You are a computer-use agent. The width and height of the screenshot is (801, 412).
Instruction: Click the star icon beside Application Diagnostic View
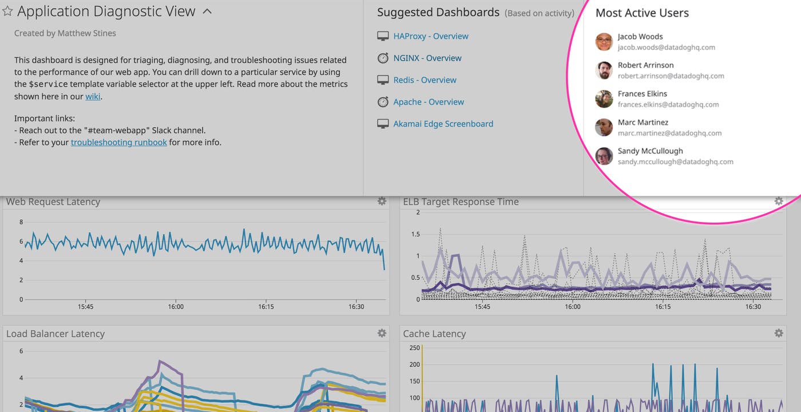click(x=7, y=11)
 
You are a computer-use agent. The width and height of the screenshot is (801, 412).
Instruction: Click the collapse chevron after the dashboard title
click(x=207, y=11)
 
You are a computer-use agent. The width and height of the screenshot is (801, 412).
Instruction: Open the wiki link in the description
click(x=93, y=96)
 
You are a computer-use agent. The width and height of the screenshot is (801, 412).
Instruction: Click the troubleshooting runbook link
click(x=119, y=142)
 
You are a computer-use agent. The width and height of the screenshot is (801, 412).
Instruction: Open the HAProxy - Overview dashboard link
click(x=430, y=36)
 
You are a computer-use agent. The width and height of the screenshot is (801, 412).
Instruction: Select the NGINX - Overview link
click(x=427, y=58)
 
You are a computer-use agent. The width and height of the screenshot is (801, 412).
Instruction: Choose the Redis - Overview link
click(x=425, y=80)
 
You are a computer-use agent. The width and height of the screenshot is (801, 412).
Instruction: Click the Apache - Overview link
click(x=428, y=102)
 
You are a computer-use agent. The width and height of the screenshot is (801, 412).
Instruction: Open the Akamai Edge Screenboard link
click(x=443, y=124)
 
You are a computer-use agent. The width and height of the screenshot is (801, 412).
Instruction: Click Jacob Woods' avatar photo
click(x=604, y=42)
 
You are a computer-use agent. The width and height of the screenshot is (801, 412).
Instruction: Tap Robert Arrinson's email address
click(x=671, y=76)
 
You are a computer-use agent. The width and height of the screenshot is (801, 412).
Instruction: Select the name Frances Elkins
click(x=642, y=94)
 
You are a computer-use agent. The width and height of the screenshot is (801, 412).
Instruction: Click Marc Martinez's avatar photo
click(x=604, y=128)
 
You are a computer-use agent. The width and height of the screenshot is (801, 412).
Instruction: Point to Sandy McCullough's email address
click(x=675, y=161)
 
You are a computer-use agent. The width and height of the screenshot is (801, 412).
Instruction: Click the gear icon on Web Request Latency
click(x=382, y=201)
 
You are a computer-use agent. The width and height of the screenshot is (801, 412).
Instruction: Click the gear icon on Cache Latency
click(x=779, y=333)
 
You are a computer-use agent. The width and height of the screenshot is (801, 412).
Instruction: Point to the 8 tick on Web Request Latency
click(x=21, y=222)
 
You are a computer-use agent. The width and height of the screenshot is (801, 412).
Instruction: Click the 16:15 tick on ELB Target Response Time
click(x=663, y=307)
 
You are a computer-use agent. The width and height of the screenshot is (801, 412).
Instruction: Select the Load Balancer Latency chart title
click(x=55, y=334)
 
